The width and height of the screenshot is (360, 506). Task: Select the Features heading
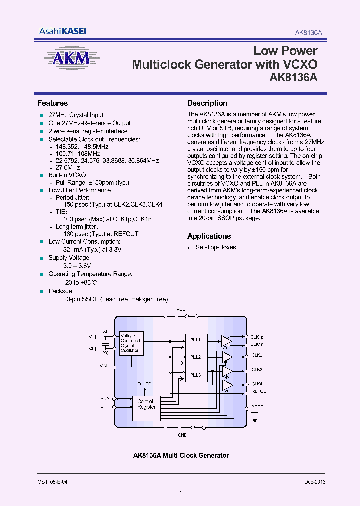coord(53,103)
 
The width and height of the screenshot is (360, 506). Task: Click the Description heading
coord(207,103)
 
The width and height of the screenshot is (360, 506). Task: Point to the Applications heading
coord(209,236)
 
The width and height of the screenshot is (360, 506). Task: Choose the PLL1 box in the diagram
coord(195,340)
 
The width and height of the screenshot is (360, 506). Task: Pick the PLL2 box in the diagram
coord(195,357)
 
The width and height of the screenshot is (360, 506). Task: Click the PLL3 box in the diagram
coord(195,375)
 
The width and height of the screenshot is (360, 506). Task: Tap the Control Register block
coord(146,404)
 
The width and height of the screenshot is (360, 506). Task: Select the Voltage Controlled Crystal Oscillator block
coord(130,343)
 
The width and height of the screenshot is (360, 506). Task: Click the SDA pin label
coord(105,399)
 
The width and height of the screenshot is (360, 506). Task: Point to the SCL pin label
coord(105,408)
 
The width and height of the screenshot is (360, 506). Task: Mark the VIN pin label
coord(103,366)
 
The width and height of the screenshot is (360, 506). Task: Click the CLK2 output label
coord(257,355)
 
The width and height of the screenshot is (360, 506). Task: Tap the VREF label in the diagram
coord(257,406)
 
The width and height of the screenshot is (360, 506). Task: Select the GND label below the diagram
coord(182,436)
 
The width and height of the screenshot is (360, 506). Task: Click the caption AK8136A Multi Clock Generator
coord(181,455)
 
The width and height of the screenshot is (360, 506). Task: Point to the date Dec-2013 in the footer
coord(315,482)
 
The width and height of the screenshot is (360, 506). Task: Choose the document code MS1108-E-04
coord(52,482)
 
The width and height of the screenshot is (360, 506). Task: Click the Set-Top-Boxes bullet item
coord(216,247)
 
